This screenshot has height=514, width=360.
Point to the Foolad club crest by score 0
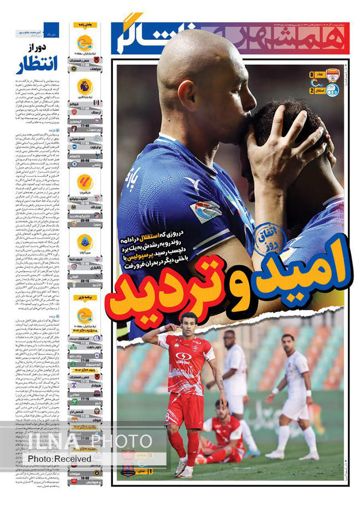[x=332, y=75]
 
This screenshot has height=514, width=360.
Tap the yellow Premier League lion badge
[x=85, y=86]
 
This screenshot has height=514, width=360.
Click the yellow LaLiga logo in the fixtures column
[x=85, y=181]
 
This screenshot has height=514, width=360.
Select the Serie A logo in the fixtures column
[x=85, y=241]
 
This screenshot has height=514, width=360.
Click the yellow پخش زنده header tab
[x=84, y=24]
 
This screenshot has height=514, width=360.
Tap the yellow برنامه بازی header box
[x=84, y=297]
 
